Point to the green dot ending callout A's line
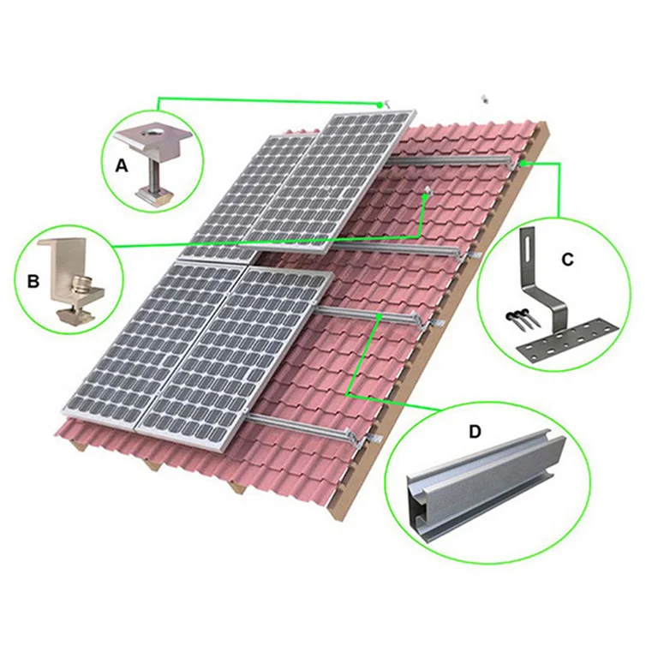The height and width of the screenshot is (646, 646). (380, 104)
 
